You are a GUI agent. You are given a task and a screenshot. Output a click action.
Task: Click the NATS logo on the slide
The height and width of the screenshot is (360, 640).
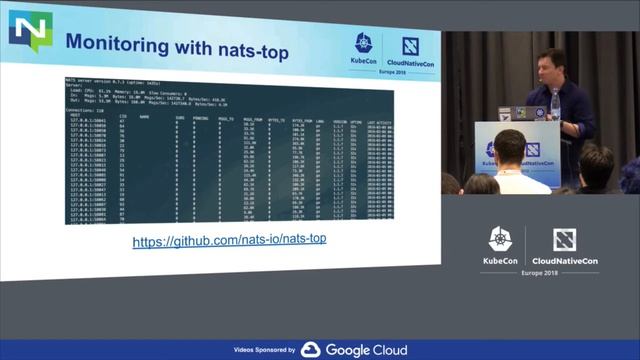[30, 33]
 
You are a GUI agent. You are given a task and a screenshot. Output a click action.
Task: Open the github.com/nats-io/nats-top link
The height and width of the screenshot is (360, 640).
[230, 241]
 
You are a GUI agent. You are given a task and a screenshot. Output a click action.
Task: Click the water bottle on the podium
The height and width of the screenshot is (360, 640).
[555, 104]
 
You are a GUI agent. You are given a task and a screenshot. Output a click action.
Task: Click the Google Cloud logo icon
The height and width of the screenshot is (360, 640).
[311, 350]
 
